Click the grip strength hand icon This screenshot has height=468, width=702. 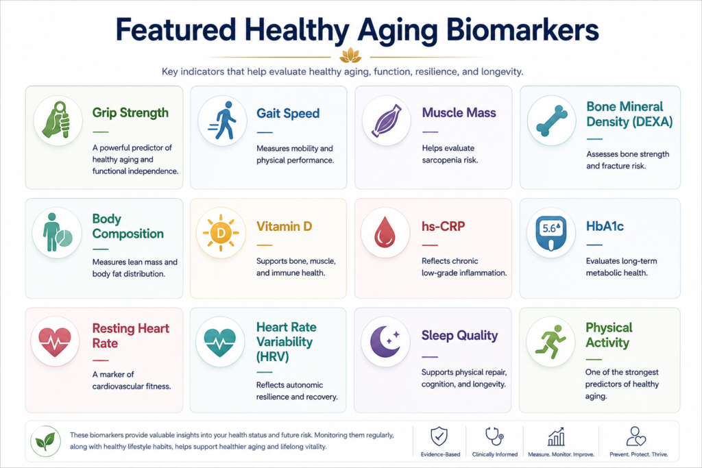pyautogui.click(x=57, y=120)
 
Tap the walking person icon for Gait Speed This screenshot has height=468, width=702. pyautogui.click(x=223, y=121)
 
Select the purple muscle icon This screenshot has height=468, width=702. pyautogui.click(x=387, y=120)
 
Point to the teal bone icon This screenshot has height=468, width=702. pyautogui.click(x=551, y=121)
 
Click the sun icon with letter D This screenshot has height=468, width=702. pyautogui.click(x=221, y=233)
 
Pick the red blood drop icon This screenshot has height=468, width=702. pyautogui.click(x=385, y=232)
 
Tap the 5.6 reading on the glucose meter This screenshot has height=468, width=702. pyautogui.click(x=550, y=228)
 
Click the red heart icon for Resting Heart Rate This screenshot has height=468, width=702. pyautogui.click(x=55, y=342)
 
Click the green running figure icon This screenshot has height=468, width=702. pyautogui.click(x=551, y=342)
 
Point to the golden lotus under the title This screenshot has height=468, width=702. pyautogui.click(x=350, y=56)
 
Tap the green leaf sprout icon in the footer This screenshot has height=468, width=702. pyautogui.click(x=46, y=441)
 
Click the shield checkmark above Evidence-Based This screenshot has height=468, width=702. pyautogui.click(x=439, y=436)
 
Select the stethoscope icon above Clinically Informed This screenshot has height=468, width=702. pyautogui.click(x=494, y=436)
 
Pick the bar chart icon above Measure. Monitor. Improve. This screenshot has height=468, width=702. pyautogui.click(x=556, y=436)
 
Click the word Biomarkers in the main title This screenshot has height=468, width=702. pyautogui.click(x=522, y=31)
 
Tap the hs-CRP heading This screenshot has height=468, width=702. pyautogui.click(x=444, y=226)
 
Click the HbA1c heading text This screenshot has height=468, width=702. pyautogui.click(x=605, y=226)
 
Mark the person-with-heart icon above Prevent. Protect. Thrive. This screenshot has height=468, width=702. pyautogui.click(x=636, y=436)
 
